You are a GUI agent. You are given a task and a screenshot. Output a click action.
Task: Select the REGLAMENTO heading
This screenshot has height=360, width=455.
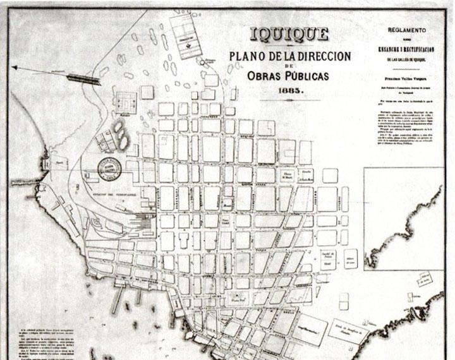[407, 30]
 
